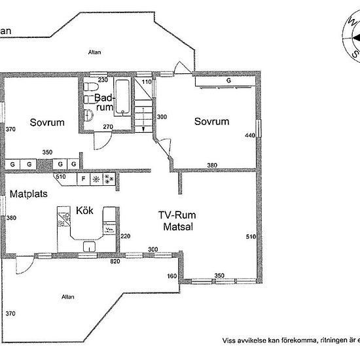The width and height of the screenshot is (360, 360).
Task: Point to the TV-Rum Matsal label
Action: tap(178, 221)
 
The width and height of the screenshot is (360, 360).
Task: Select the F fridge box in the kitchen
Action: tap(83, 178)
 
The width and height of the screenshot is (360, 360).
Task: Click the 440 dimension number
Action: tap(249, 135)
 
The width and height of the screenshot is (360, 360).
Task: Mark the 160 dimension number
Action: tap(171, 277)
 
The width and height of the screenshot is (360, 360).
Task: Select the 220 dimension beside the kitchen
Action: tap(126, 236)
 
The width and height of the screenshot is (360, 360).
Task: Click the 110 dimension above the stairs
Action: tap(147, 82)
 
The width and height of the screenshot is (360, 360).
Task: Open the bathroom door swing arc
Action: tap(100, 139)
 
